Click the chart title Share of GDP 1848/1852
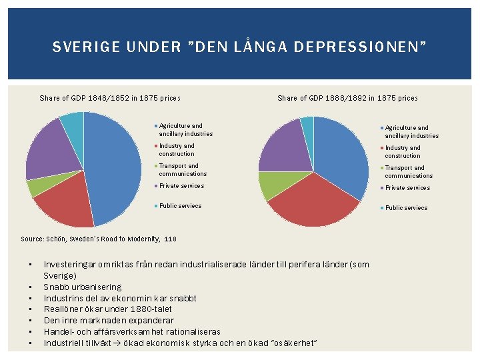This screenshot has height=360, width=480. (110, 98)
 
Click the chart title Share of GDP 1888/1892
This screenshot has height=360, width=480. (347, 98)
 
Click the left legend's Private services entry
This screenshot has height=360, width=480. (181, 186)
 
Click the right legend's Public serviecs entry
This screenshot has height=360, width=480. (407, 208)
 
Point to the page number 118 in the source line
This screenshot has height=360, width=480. (171, 239)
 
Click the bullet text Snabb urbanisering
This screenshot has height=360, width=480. (83, 287)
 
